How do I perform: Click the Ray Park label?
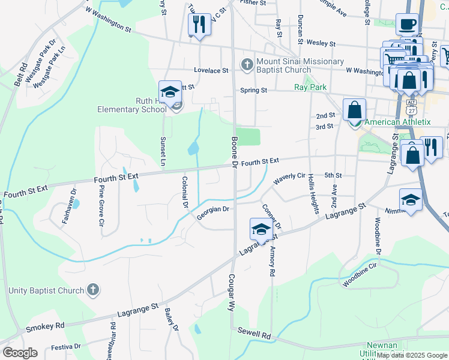[x=310, y=87]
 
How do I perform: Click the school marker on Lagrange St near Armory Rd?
[x=261, y=229]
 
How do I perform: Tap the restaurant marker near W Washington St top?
[x=199, y=24]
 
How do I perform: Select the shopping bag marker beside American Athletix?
[x=355, y=110]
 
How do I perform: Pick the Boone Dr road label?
[x=234, y=152]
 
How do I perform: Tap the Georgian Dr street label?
[x=214, y=212]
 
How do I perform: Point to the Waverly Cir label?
[x=289, y=179]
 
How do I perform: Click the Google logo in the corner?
[x=20, y=353]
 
